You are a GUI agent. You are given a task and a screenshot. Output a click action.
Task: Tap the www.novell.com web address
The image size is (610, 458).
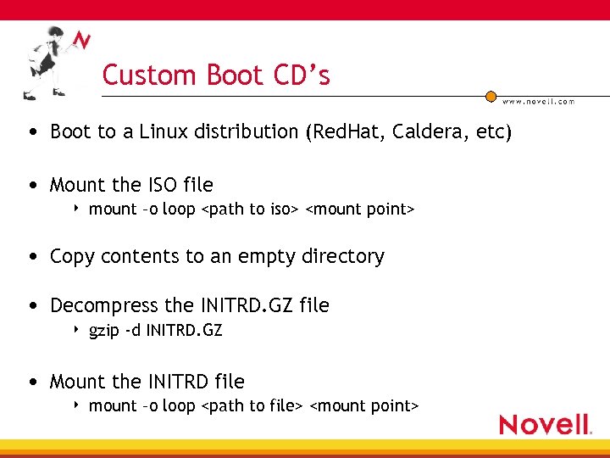tap(538, 101)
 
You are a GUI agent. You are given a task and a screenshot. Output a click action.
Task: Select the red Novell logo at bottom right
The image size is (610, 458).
tap(544, 424)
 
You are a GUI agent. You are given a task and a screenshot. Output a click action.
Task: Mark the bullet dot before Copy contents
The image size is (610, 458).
tap(31, 257)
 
